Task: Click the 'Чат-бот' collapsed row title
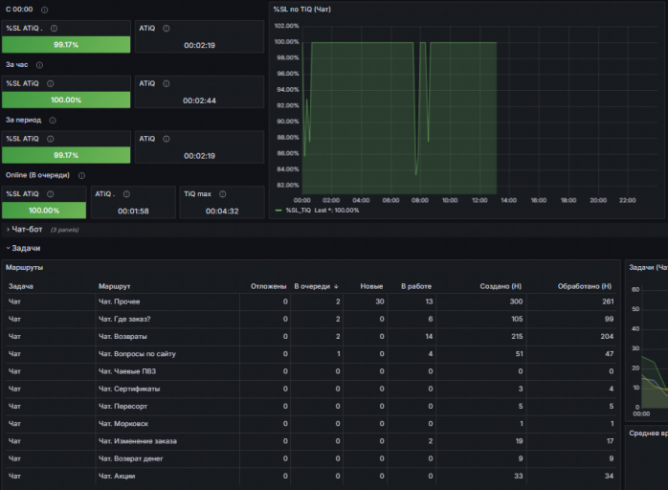tap(27, 230)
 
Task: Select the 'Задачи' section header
tap(26, 248)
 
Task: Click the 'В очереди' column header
tap(312, 286)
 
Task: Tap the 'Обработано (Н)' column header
tap(585, 286)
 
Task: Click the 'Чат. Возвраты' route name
tap(122, 336)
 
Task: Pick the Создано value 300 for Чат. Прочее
tap(516, 301)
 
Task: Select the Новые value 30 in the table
tap(380, 301)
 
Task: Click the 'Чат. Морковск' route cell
tap(123, 424)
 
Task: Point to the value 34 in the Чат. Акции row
tap(609, 476)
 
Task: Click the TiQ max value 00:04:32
tap(222, 211)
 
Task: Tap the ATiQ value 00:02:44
tap(199, 100)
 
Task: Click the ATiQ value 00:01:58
tap(133, 211)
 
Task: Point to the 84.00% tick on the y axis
tap(287, 169)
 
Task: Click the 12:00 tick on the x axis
tap(479, 200)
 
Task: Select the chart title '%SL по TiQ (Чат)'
tap(302, 9)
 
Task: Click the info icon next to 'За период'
tap(53, 121)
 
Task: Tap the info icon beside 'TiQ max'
tap(222, 194)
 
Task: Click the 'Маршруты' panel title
tap(24, 267)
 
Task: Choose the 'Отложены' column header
tap(268, 286)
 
